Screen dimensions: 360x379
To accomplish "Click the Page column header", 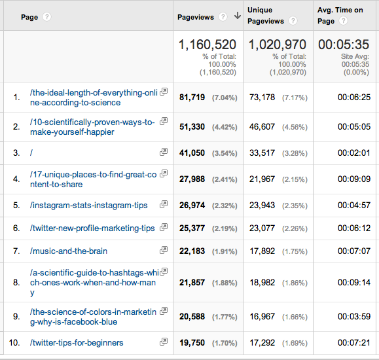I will (x=29, y=17).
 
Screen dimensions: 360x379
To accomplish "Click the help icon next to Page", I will (x=47, y=17).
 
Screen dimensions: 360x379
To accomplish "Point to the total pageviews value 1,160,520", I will (x=208, y=45).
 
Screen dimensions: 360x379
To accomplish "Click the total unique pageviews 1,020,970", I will (x=278, y=45).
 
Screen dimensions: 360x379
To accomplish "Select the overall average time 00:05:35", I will (x=344, y=45).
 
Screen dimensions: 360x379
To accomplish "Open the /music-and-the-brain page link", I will (x=69, y=251).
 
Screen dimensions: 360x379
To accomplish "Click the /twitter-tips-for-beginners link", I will (x=77, y=342).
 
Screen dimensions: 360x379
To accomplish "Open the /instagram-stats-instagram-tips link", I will (x=89, y=206).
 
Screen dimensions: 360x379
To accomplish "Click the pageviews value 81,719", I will (x=192, y=98).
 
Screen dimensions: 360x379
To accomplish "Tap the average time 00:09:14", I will (x=354, y=283).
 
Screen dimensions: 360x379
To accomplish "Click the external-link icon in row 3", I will (x=164, y=152).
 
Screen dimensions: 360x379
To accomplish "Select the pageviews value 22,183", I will (x=192, y=251).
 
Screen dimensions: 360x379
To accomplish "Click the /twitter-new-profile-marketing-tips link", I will (x=92, y=228).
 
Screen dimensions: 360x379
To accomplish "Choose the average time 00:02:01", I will (x=354, y=153).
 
